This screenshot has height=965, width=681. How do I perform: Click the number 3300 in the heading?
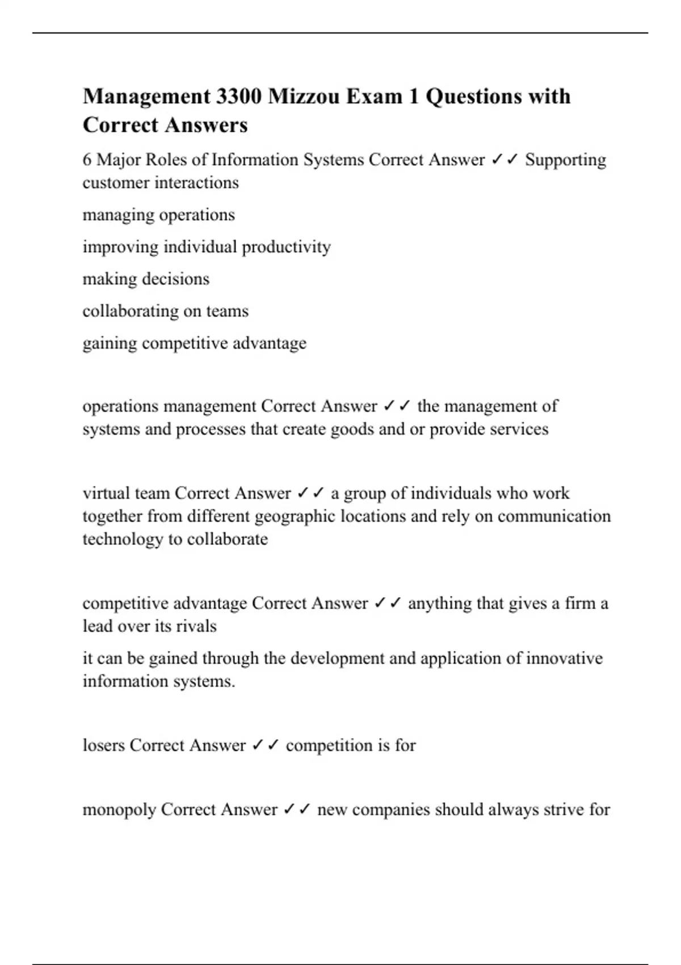click(239, 96)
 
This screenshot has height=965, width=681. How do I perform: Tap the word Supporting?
click(565, 160)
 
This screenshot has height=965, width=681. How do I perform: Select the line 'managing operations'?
click(158, 215)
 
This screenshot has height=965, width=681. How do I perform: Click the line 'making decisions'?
click(146, 279)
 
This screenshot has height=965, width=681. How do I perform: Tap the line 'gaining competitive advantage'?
click(194, 343)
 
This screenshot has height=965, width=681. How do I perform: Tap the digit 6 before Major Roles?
click(87, 160)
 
